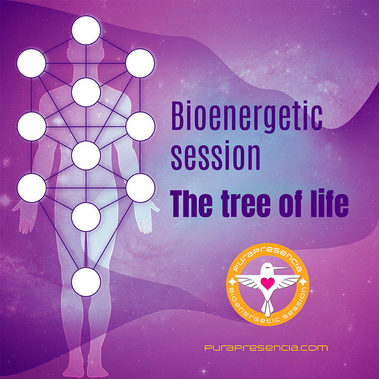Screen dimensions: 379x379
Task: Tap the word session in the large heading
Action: [x=216, y=157]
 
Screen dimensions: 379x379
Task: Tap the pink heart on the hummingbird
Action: [x=268, y=283]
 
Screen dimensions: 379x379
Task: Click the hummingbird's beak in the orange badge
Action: [x=280, y=268]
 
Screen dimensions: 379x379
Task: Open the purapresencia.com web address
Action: [x=266, y=348]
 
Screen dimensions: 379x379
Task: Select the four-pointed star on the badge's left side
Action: [x=232, y=281]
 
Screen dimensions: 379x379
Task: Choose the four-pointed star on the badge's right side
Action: [x=303, y=282]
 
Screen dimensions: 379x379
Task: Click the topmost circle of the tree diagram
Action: [x=86, y=30]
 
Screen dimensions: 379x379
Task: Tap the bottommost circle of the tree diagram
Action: [x=86, y=282]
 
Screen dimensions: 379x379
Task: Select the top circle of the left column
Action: [x=32, y=63]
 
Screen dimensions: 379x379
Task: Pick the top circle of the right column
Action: [x=140, y=63]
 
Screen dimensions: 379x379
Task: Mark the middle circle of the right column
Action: [x=140, y=126]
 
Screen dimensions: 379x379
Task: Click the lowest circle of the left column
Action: [x=32, y=188]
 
